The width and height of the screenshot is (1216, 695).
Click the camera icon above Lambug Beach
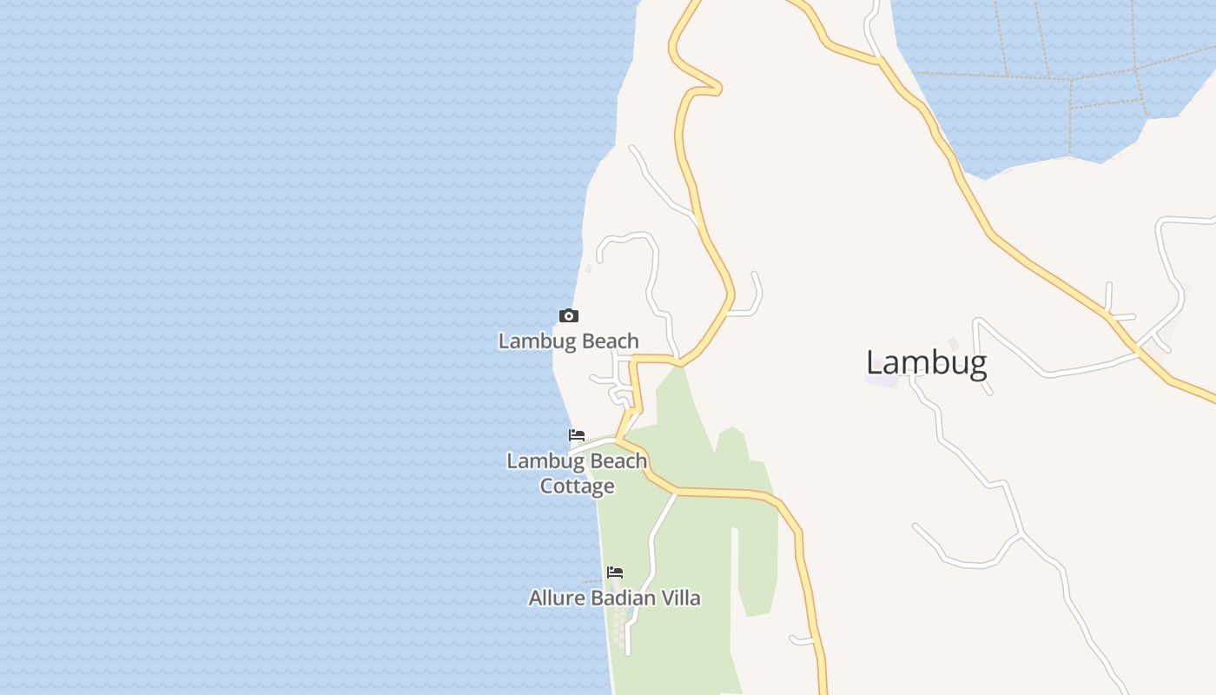point(568,315)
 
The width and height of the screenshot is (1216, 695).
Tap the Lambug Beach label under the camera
point(568,341)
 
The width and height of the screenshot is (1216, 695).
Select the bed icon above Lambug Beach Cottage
point(577,435)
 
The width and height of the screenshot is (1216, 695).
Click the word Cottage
point(578,486)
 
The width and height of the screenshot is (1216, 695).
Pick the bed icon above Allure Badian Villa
point(615,572)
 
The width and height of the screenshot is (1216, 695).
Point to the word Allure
point(557,598)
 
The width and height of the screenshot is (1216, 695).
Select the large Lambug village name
point(926,363)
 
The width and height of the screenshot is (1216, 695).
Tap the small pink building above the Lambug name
point(953,344)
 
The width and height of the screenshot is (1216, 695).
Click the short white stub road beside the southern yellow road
point(802,641)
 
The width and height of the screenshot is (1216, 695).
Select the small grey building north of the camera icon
point(589,268)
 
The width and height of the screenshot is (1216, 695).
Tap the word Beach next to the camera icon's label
point(610,341)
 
